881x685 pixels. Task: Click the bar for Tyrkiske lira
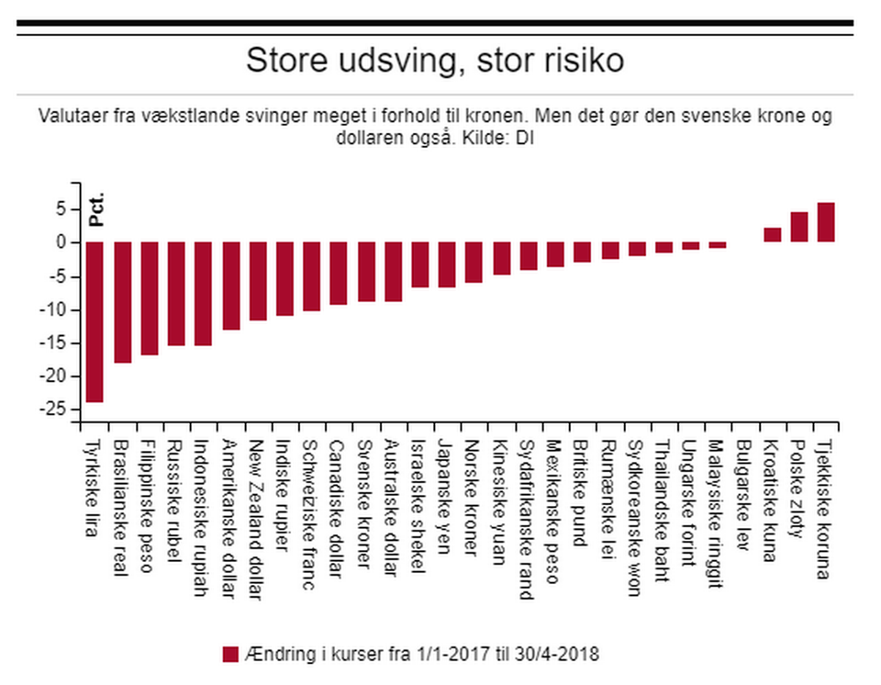(x=94, y=321)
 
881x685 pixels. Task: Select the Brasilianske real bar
(x=122, y=302)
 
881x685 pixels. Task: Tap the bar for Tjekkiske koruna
(x=826, y=222)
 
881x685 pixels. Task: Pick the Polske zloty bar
(x=799, y=227)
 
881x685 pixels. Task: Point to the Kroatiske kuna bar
(x=773, y=235)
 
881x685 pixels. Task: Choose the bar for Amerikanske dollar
(x=230, y=286)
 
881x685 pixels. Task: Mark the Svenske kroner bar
(x=366, y=272)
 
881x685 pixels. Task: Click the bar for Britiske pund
(x=583, y=252)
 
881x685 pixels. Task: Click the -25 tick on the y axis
(x=59, y=410)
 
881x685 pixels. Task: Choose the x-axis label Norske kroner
(x=473, y=496)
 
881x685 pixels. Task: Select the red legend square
(x=230, y=654)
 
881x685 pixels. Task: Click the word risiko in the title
(x=576, y=61)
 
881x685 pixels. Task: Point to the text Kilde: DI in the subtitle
(x=507, y=140)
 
